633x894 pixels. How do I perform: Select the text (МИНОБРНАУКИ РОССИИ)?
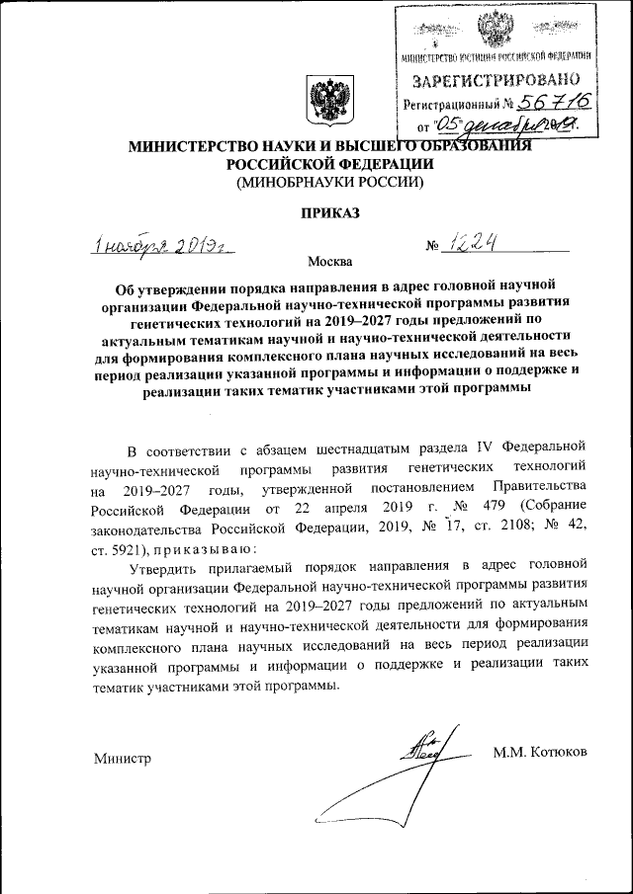[327, 182]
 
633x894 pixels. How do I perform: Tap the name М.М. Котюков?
[539, 752]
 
